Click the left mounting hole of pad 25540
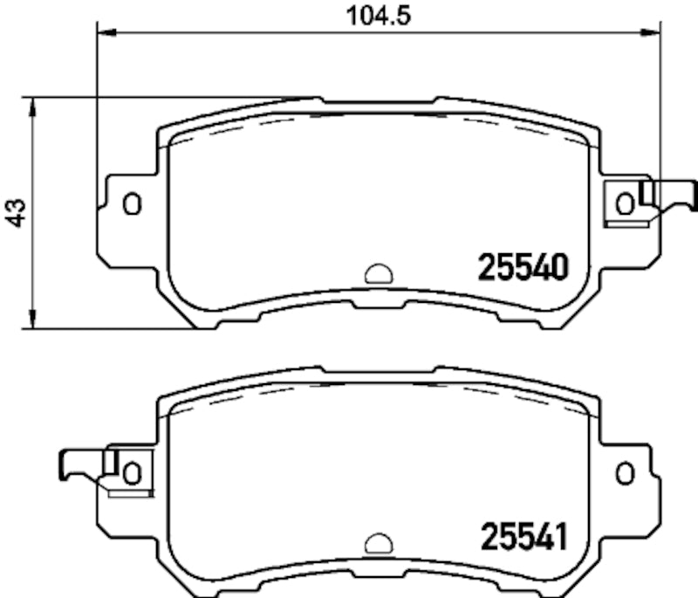click(132, 204)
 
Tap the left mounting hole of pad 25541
click(132, 473)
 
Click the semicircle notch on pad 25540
click(379, 275)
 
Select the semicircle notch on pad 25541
click(379, 545)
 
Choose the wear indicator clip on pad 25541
click(83, 464)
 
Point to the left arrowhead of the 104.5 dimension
click(104, 33)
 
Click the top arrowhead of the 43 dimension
click(33, 107)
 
